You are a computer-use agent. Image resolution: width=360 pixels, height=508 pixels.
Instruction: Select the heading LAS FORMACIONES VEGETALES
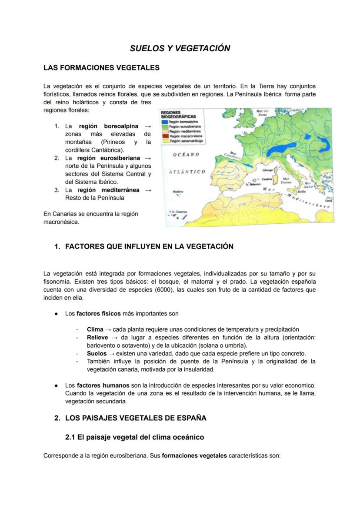(x=101, y=68)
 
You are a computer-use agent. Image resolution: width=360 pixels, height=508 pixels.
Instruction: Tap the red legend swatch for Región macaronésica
(x=165, y=136)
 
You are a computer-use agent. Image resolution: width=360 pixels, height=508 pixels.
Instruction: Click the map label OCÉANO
(x=186, y=155)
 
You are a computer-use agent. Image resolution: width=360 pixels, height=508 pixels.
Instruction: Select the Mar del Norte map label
(x=262, y=114)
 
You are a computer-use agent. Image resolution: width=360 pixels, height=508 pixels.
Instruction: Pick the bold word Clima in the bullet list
(x=95, y=329)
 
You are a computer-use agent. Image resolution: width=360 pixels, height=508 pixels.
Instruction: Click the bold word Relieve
(x=97, y=337)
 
